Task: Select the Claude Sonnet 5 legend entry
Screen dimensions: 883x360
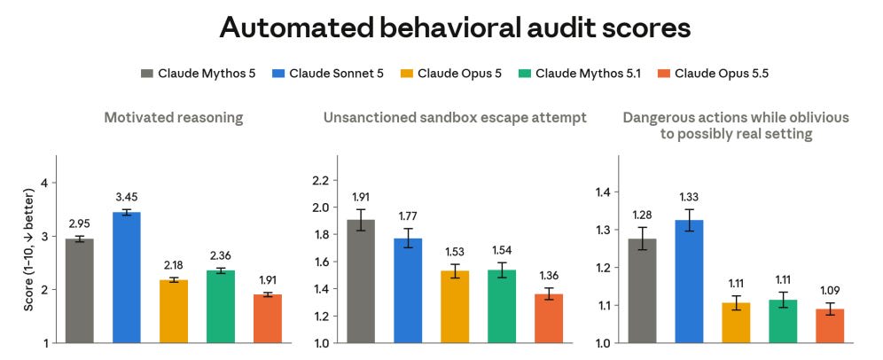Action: pyautogui.click(x=329, y=74)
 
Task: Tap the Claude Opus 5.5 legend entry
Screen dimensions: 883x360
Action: pyautogui.click(x=713, y=74)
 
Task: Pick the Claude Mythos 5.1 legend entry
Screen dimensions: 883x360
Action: pyautogui.click(x=580, y=74)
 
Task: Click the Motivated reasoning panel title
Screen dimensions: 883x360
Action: pyautogui.click(x=174, y=118)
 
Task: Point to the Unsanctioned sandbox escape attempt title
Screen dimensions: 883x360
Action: pyautogui.click(x=455, y=118)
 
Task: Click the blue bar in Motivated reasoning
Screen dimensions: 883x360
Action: pyautogui.click(x=127, y=278)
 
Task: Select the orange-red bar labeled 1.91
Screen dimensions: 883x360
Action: pyautogui.click(x=268, y=318)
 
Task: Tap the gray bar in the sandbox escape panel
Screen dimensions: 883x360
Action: pyautogui.click(x=361, y=281)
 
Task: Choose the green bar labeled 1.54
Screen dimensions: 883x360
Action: pyautogui.click(x=502, y=306)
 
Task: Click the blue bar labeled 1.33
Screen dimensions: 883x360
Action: pyautogui.click(x=689, y=281)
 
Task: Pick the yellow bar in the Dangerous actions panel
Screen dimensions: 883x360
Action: pyautogui.click(x=736, y=322)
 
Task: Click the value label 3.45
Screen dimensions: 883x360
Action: pyautogui.click(x=127, y=197)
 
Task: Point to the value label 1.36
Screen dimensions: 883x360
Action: pyautogui.click(x=549, y=276)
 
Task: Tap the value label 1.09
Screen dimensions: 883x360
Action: pyautogui.click(x=830, y=292)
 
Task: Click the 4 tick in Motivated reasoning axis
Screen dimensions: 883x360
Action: pyautogui.click(x=45, y=183)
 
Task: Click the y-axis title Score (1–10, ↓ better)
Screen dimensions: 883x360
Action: pyautogui.click(x=28, y=249)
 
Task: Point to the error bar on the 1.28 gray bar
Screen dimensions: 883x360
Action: pyautogui.click(x=642, y=239)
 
